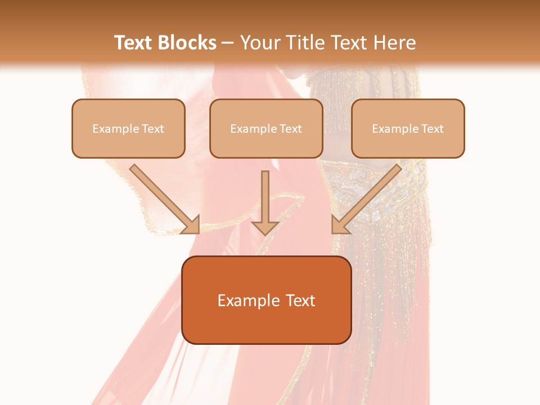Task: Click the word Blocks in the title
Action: pos(186,43)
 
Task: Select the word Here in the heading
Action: pos(395,43)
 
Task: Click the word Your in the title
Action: pos(259,43)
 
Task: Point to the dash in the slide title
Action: pos(228,43)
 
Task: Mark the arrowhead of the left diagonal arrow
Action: pos(191,225)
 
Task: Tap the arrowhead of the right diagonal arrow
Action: pos(339,225)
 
